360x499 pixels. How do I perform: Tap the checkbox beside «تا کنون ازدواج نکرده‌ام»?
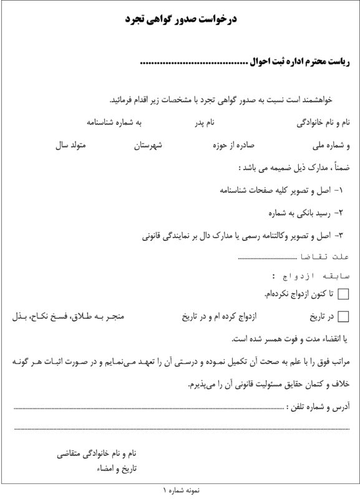click(343, 293)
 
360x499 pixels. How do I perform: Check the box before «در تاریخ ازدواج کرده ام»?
click(343, 317)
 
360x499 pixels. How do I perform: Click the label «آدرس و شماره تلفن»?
click(316, 406)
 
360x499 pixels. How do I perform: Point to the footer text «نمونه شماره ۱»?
click(180, 492)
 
